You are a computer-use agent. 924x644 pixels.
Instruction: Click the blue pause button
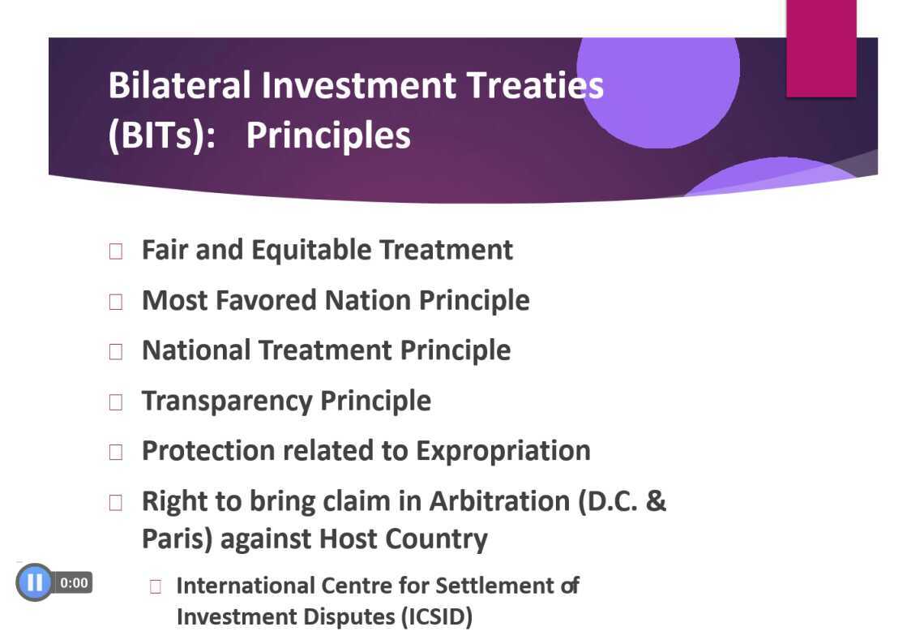pos(34,582)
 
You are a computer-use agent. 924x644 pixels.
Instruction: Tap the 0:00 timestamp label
pos(74,582)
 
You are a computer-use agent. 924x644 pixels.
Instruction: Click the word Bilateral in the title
pos(180,84)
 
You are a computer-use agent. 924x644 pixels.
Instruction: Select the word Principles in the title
pos(328,135)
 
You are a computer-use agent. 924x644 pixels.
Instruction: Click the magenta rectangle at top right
pos(821,49)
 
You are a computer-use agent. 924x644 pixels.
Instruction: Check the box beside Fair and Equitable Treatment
pos(116,251)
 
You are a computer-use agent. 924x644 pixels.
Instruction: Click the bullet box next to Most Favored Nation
pos(116,302)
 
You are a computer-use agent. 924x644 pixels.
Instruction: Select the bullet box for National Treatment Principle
pos(116,352)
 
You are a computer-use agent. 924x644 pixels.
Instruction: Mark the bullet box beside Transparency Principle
pos(116,402)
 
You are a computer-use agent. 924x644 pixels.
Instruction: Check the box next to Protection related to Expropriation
pos(116,453)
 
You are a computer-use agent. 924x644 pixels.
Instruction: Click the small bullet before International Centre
pos(156,586)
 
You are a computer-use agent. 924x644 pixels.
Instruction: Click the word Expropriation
pos(503,452)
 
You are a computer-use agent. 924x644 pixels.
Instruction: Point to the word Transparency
pos(227,401)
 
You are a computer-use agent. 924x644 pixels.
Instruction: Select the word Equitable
pos(311,251)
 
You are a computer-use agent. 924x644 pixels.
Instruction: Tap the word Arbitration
pos(500,500)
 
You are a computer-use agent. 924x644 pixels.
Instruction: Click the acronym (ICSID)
pos(437,617)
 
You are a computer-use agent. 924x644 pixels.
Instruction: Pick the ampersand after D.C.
pos(656,500)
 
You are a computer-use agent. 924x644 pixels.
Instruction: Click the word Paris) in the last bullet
pos(177,539)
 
